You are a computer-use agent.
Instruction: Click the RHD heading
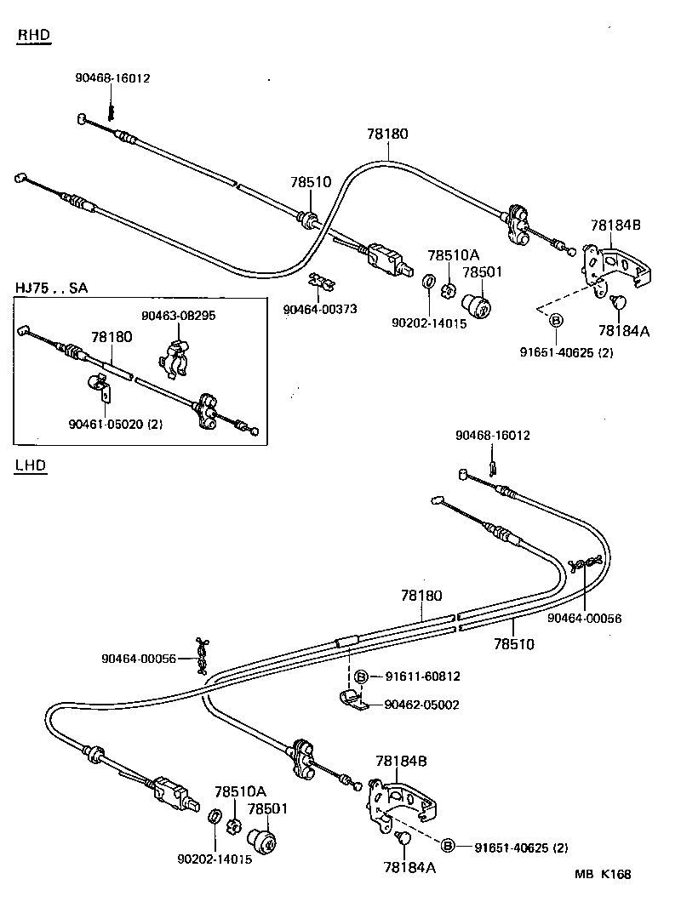click(x=34, y=35)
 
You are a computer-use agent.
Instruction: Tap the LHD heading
click(x=31, y=465)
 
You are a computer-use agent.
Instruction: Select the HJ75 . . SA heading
click(x=51, y=288)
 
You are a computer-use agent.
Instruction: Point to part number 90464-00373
click(x=321, y=309)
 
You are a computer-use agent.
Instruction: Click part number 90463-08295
click(x=178, y=315)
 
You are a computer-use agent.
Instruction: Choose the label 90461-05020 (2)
click(x=116, y=424)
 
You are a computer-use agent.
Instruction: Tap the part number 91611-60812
click(x=422, y=676)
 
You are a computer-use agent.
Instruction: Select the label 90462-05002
click(x=421, y=705)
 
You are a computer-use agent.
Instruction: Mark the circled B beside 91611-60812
click(x=361, y=676)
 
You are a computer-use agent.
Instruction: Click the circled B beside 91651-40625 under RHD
click(x=555, y=320)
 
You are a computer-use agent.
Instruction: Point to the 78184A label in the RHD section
click(x=623, y=331)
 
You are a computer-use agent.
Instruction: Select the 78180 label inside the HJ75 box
click(x=112, y=337)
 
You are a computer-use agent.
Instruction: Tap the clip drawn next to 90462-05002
click(x=349, y=701)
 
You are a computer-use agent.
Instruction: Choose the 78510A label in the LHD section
click(x=240, y=791)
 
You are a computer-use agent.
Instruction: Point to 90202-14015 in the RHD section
click(x=429, y=323)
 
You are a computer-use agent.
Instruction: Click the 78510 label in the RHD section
click(x=310, y=182)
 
